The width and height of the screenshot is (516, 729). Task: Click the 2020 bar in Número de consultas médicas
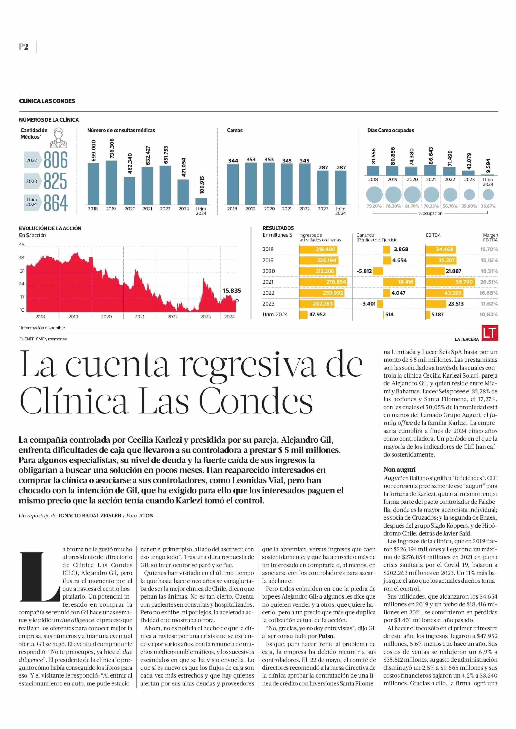pyautogui.click(x=129, y=191)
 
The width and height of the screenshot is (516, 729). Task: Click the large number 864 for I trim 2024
pyautogui.click(x=56, y=203)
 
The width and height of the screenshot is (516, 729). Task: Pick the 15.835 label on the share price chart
pyautogui.click(x=232, y=290)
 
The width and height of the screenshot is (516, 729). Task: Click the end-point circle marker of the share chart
pyautogui.click(x=237, y=301)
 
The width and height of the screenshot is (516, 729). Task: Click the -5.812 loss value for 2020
pyautogui.click(x=364, y=271)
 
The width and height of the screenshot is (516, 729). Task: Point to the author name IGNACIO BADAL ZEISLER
pyautogui.click(x=90, y=516)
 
